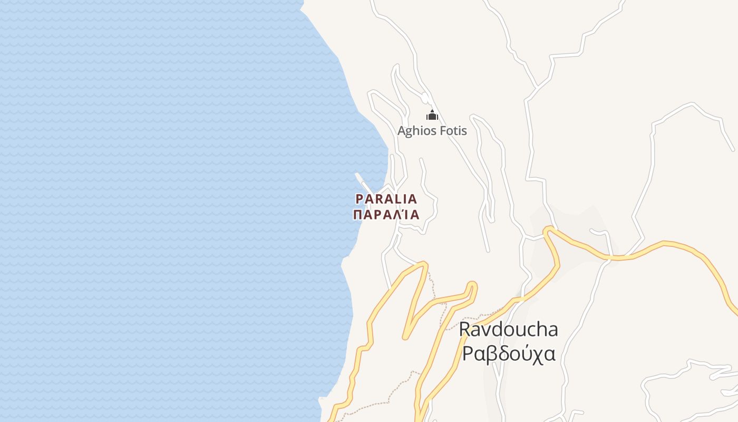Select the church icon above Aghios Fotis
pos(432,115)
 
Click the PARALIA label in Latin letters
pos(386,199)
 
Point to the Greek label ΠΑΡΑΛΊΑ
pos(386,215)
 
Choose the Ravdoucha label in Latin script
pos(508,329)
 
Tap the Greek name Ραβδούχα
pos(508,353)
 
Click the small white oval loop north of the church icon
pos(425,98)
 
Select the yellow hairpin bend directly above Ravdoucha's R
pos(472,285)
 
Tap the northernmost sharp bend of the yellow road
pos(549,229)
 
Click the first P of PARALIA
pos(360,199)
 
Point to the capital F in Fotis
pos(442,130)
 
